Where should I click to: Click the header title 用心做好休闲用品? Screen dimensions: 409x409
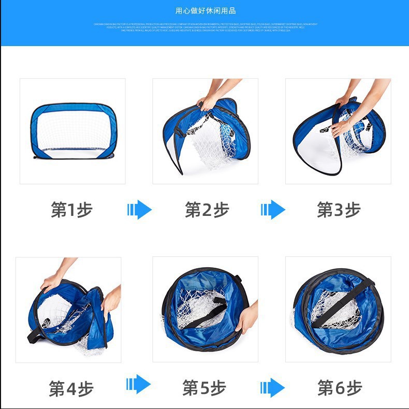[x=206, y=10]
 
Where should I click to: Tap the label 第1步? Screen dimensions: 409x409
[x=72, y=210]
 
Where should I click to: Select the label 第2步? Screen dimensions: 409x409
[x=206, y=210]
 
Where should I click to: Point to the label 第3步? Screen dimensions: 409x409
[x=339, y=210]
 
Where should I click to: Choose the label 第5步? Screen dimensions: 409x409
[x=204, y=388]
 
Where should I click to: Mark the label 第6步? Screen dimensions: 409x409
[x=340, y=387]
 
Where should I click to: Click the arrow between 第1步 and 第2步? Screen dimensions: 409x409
[x=139, y=210]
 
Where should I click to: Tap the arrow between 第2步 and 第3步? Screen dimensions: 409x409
[x=273, y=210]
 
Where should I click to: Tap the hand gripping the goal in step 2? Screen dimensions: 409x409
[x=209, y=101]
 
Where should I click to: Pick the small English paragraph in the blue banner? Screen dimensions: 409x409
[x=206, y=27]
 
